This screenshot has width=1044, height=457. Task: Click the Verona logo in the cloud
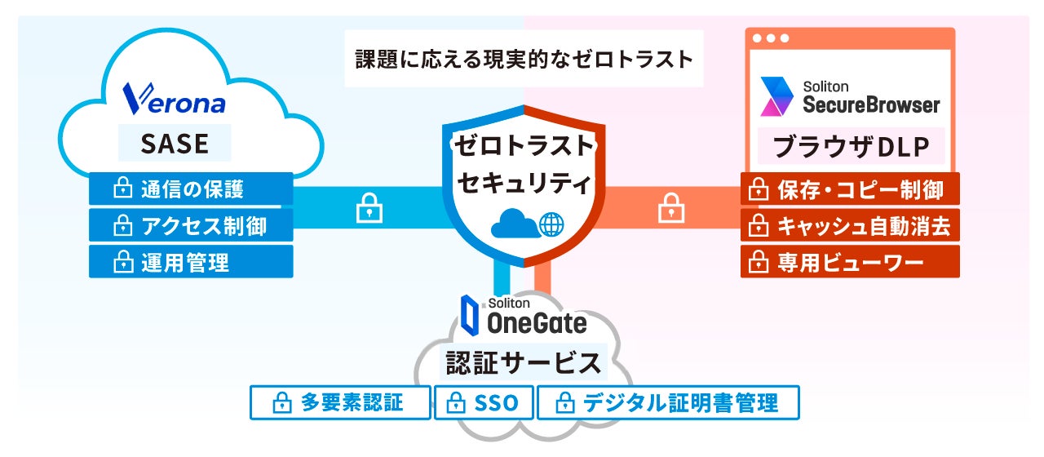[174, 98]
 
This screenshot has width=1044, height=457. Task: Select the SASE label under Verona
[175, 144]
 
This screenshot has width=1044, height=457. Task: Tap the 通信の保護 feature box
[191, 189]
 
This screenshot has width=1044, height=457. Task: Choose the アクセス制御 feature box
[191, 225]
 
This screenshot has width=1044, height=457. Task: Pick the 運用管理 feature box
[191, 262]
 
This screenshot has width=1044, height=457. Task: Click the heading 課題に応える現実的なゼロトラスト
[524, 59]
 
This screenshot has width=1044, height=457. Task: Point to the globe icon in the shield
[552, 223]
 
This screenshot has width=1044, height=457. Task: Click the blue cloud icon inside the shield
[515, 223]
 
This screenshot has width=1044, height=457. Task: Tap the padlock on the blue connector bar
[369, 209]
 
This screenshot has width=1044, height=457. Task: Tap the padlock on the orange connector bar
[670, 209]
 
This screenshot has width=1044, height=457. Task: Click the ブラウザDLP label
[849, 148]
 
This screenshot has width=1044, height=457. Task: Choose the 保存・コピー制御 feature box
[850, 189]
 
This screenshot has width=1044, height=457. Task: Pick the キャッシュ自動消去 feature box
[850, 225]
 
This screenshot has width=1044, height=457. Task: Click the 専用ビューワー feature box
[850, 262]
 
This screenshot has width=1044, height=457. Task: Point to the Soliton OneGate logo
[523, 317]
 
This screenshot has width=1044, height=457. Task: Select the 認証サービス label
[524, 362]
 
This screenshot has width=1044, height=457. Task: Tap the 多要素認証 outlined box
[340, 403]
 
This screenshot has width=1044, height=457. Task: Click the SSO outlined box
[484, 403]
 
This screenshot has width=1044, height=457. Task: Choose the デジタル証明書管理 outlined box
[668, 403]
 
